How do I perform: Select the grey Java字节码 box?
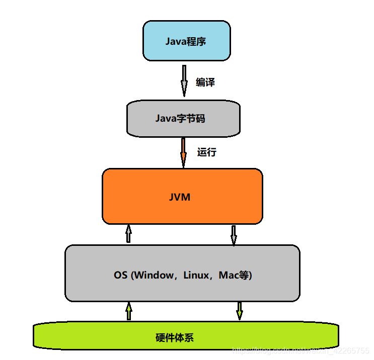(x=183, y=119)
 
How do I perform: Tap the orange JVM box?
(x=182, y=196)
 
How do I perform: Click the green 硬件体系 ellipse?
(x=186, y=336)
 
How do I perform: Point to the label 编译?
(x=205, y=82)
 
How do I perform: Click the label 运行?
(x=206, y=152)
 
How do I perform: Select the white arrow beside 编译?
(x=184, y=80)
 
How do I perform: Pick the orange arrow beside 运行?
(x=183, y=152)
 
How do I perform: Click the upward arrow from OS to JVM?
(x=128, y=234)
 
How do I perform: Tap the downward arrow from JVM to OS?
(x=234, y=235)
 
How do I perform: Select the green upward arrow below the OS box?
(x=129, y=311)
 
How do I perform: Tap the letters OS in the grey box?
(x=121, y=275)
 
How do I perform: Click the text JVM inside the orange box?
(x=180, y=197)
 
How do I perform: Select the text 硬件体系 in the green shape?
(x=175, y=337)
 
